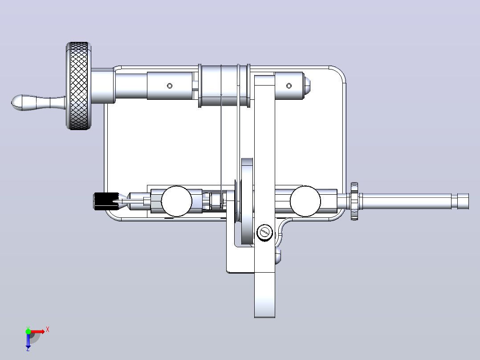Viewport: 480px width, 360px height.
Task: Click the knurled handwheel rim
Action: (x=79, y=86)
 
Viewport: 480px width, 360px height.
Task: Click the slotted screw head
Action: (x=264, y=233)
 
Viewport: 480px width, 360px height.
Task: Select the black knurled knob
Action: (x=106, y=201)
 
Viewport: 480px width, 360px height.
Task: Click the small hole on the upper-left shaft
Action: (x=170, y=86)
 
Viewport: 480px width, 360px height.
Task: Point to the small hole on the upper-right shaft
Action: (x=289, y=86)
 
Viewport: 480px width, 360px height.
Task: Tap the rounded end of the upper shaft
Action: (x=307, y=86)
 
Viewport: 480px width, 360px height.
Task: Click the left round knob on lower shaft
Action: (x=176, y=201)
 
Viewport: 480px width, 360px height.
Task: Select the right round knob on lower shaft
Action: (x=305, y=201)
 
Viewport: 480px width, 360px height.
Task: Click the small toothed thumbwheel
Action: (x=354, y=201)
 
